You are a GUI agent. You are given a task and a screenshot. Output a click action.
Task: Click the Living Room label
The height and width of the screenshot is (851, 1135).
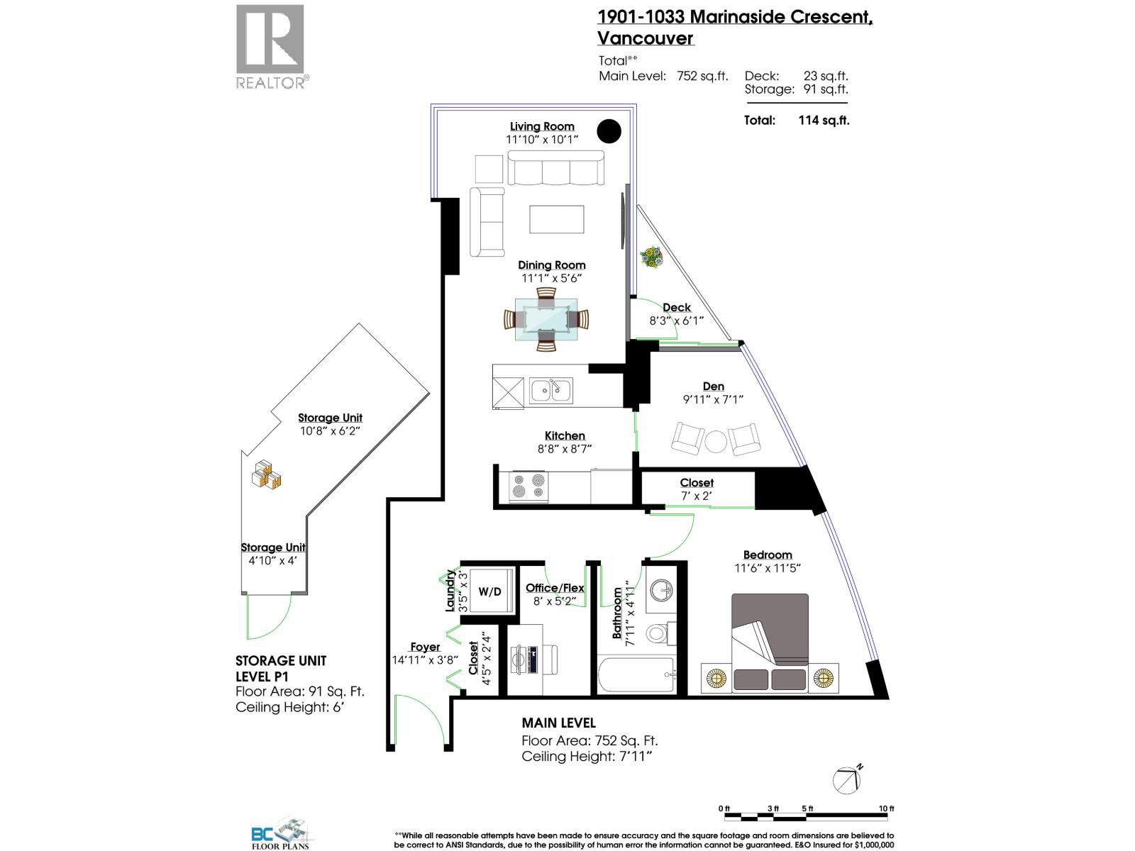[542, 126]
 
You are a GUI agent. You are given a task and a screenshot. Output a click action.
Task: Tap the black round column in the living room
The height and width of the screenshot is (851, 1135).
[609, 130]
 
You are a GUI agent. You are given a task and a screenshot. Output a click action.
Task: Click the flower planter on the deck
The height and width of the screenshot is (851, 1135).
[651, 257]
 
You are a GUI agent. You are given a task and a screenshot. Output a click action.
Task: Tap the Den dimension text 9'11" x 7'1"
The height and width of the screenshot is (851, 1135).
[712, 400]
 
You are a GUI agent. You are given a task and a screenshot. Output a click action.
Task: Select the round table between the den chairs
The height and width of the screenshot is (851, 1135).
[714, 440]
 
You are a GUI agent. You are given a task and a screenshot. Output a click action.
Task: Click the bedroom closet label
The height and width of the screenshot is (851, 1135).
[697, 483]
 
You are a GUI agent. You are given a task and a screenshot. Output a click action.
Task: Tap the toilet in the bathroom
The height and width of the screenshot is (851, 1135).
[662, 630]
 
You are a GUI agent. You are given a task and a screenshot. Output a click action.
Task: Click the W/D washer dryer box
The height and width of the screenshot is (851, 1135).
[489, 591]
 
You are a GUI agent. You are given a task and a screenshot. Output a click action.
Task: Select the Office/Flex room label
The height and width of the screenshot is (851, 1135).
[555, 588]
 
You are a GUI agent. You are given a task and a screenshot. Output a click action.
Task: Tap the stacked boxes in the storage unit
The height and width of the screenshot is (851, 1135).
[267, 475]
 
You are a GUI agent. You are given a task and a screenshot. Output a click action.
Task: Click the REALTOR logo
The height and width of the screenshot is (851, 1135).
[270, 46]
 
